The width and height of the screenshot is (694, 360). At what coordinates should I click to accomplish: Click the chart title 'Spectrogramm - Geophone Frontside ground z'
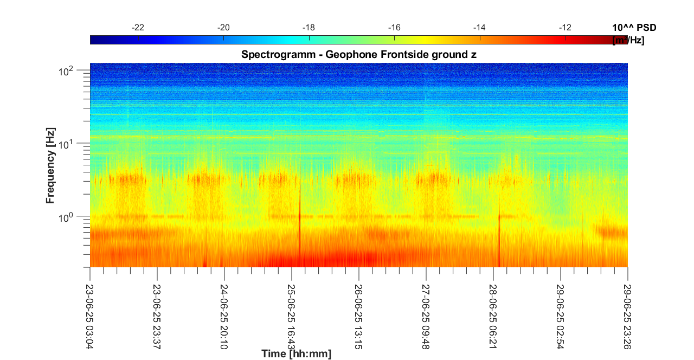(x=358, y=54)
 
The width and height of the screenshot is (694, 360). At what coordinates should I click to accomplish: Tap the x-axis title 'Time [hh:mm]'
(x=296, y=354)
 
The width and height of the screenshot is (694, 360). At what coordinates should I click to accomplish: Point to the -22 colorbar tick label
(x=138, y=28)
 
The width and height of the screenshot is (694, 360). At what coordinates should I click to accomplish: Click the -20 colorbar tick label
(x=223, y=28)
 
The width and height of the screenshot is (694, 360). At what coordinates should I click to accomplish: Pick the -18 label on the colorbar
(x=309, y=28)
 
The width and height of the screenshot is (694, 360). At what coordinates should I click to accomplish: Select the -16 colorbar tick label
(x=394, y=28)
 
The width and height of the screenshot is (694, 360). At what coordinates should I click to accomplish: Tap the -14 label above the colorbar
(x=479, y=28)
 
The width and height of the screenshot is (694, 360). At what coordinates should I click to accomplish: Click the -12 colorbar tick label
(x=564, y=28)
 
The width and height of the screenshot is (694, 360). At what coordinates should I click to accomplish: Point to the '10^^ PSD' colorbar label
(x=633, y=28)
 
